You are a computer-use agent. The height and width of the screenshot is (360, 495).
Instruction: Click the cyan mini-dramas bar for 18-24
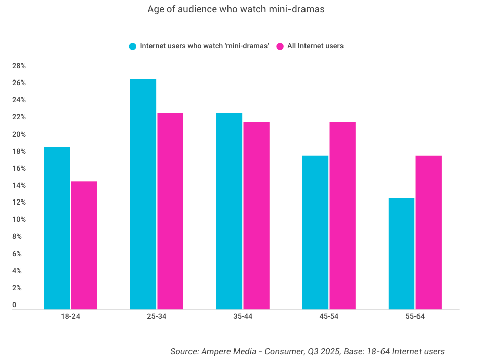57,228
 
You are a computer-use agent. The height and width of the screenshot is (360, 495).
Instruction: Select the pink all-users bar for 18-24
84,245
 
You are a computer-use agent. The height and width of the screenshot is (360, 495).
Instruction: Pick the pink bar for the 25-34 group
170,211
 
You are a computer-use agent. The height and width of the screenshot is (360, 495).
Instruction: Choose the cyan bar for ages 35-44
229,211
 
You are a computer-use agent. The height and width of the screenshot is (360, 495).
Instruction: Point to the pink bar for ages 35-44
256,215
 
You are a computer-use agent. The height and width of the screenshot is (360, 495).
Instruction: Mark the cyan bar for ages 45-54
315,232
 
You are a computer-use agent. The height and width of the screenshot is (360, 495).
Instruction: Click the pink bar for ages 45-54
342,215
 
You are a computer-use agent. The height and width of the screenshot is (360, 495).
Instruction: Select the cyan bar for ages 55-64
401,254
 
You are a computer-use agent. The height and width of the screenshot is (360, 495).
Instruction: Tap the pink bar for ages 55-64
429,232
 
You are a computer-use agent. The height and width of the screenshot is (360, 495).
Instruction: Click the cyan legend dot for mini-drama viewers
133,46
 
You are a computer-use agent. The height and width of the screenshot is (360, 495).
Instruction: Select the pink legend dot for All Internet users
280,46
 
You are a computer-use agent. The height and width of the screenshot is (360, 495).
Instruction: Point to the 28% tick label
19,66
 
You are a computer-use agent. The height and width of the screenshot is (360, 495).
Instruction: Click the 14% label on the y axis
19,185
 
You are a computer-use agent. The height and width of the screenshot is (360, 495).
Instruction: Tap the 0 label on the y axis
14,305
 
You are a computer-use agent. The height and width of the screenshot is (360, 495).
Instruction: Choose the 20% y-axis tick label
19,134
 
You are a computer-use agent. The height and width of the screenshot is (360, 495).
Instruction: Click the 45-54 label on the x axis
329,317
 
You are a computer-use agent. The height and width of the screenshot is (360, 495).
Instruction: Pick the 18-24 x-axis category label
70,317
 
